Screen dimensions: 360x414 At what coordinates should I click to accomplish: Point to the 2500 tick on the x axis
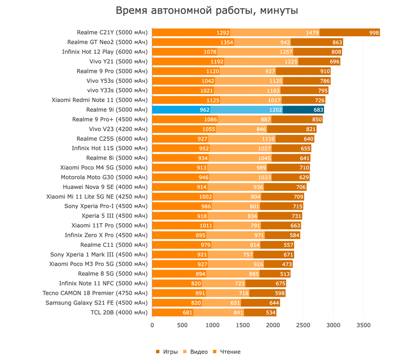pos(303,325)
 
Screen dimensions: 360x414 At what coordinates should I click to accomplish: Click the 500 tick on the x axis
pos(182,325)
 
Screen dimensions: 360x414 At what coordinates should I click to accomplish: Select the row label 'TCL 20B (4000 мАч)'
pos(118,312)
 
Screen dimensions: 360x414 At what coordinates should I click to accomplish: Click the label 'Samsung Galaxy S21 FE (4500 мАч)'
pos(96,303)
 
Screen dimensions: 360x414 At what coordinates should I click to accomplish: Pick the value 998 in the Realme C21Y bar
pos(374,33)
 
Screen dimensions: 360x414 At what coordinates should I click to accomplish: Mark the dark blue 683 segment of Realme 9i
pos(318,110)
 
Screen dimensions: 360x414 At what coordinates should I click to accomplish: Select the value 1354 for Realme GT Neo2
pos(227,42)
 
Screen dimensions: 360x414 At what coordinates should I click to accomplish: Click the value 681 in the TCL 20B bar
pos(187,312)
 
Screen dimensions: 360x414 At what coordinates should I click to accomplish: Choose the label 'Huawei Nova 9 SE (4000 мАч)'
pos(105,187)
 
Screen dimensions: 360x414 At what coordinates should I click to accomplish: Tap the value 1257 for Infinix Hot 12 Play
pos(286,52)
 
